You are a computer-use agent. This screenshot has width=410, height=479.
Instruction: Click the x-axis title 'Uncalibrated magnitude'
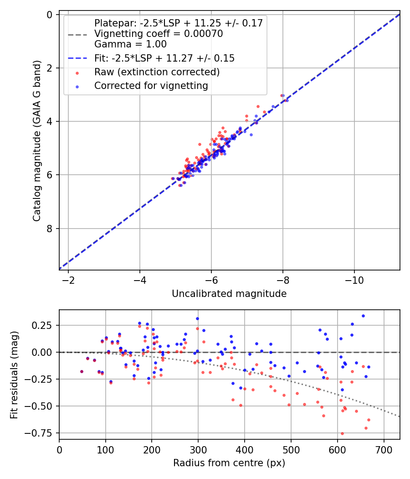(x=229, y=294)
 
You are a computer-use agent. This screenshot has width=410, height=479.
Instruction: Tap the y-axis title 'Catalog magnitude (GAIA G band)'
(x=37, y=141)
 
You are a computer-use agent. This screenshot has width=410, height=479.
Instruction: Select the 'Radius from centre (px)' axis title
(x=229, y=463)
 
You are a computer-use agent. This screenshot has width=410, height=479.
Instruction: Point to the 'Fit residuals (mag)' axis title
(x=14, y=375)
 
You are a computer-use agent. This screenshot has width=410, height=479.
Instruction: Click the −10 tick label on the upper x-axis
(x=354, y=280)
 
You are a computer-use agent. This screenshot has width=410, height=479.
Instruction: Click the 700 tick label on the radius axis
(x=384, y=450)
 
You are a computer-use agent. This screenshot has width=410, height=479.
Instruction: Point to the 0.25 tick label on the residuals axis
(x=42, y=325)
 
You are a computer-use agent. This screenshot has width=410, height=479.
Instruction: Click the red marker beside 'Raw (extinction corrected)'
(x=77, y=73)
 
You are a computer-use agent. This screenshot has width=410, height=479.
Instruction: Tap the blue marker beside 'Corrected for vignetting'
(x=77, y=87)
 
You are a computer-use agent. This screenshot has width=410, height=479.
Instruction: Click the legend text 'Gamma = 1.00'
(x=131, y=44)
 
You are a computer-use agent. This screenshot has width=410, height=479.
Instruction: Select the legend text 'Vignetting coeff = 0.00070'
(x=159, y=34)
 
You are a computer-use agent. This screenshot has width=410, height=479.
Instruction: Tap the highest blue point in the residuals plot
(x=363, y=316)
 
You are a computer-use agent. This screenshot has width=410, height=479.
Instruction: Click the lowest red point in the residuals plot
(x=342, y=433)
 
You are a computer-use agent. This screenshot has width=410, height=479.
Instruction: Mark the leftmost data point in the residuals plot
(x=82, y=371)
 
